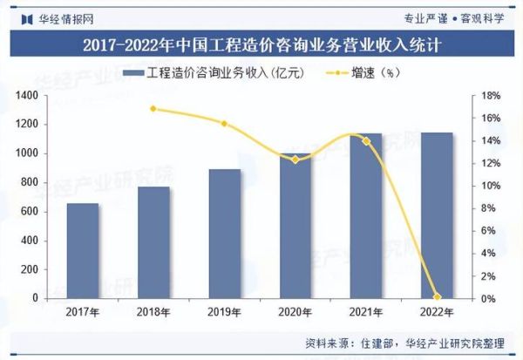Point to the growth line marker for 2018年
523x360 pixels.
(153, 109)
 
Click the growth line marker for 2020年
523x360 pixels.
(295, 160)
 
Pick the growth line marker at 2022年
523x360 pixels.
(437, 297)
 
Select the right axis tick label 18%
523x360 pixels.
(492, 95)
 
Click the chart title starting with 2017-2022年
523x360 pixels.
(261, 44)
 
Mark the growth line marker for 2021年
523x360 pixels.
(366, 140)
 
